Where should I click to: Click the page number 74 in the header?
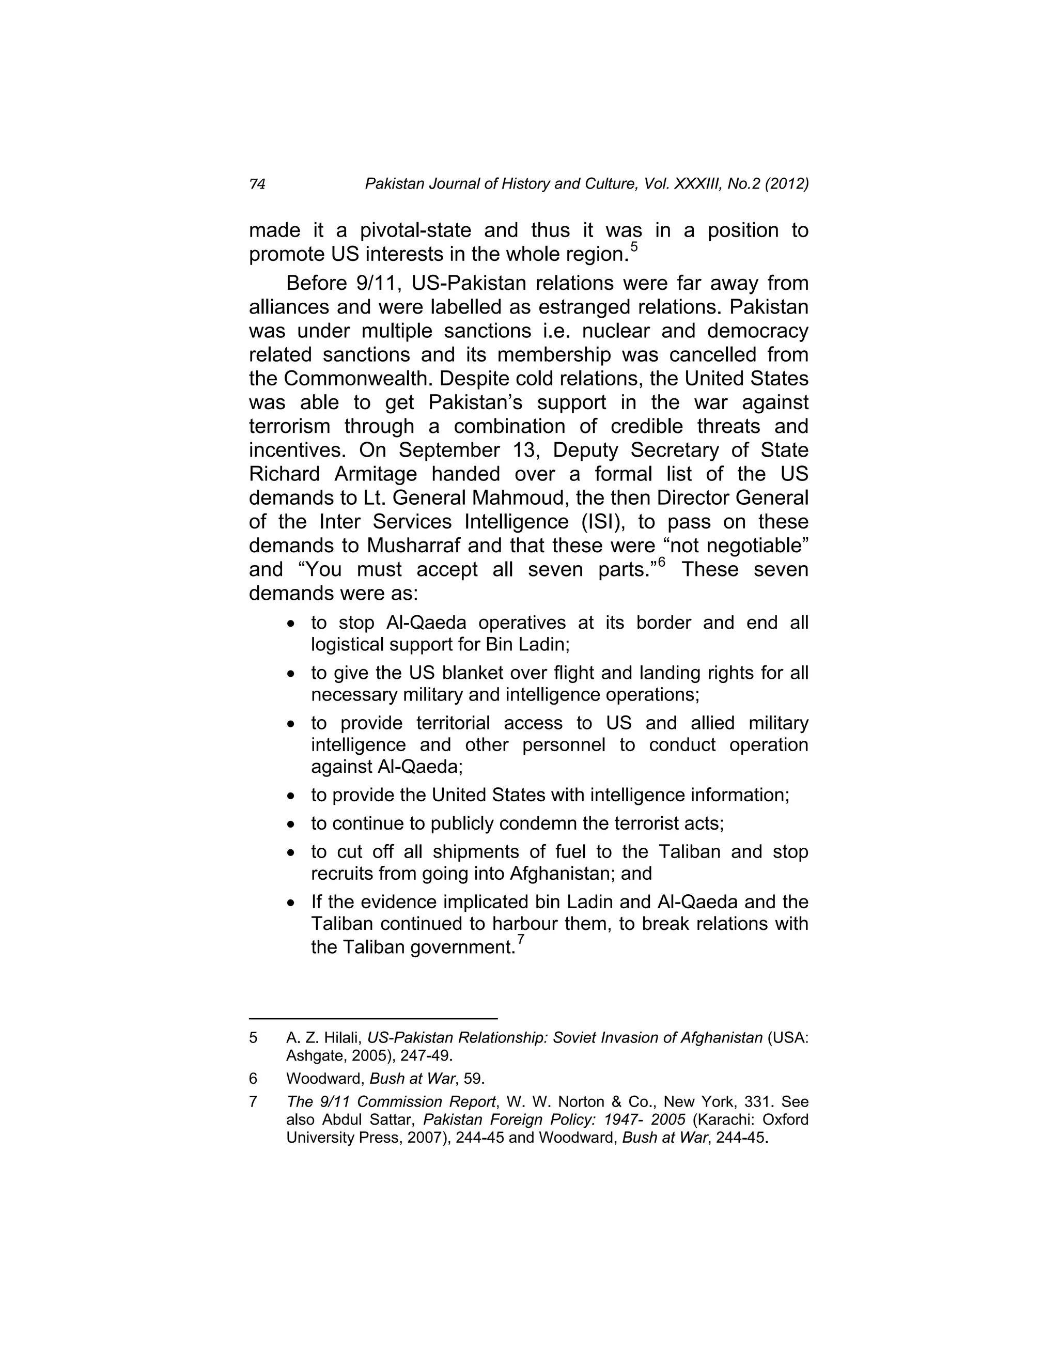pos(257,184)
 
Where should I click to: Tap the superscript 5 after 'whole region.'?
pos(634,246)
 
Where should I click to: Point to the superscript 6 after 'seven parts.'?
pos(661,562)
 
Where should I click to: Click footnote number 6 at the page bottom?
pos(253,1079)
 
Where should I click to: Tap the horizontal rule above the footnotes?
pos(373,1019)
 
